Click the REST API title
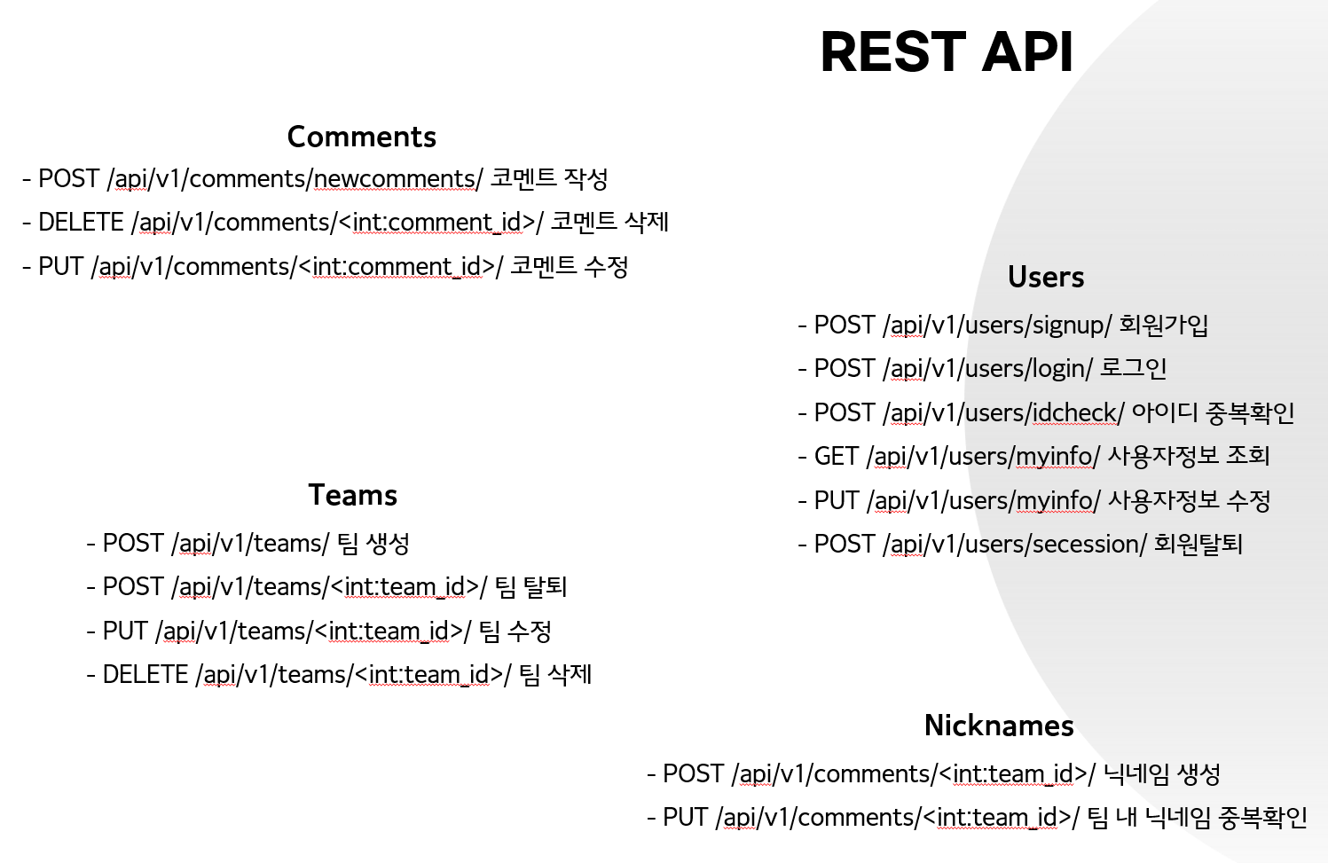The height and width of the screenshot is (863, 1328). (x=947, y=52)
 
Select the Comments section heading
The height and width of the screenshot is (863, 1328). (x=362, y=137)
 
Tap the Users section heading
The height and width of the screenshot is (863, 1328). (x=1046, y=277)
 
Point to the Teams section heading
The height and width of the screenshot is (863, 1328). (x=353, y=495)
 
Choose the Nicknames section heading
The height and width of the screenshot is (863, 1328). (x=999, y=726)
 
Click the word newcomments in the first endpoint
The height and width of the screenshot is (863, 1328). (x=394, y=179)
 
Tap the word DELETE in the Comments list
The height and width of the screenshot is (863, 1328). (x=81, y=223)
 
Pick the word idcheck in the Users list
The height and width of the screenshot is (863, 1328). (x=1074, y=413)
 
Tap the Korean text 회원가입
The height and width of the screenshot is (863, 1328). (x=1163, y=325)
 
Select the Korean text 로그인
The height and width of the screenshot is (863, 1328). (x=1133, y=368)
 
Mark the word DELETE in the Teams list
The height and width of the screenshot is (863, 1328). (x=145, y=674)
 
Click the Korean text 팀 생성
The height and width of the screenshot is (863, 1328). (x=373, y=544)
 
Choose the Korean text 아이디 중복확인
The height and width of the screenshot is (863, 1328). (x=1213, y=412)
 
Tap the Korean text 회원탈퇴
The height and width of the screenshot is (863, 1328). (x=1198, y=544)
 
